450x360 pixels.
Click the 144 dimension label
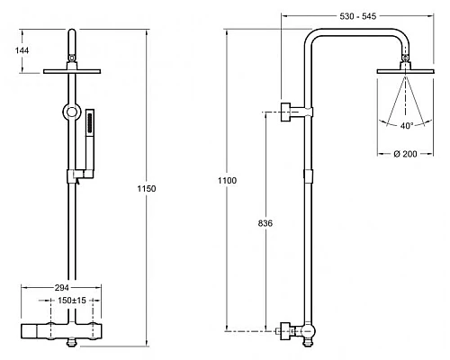(x=22, y=50)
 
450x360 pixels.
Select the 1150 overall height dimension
(x=147, y=189)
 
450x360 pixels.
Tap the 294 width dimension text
(x=61, y=288)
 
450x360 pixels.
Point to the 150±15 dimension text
(x=72, y=300)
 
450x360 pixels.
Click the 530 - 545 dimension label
(x=357, y=16)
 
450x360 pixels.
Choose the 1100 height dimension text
(x=227, y=181)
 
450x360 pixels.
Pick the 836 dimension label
(x=265, y=223)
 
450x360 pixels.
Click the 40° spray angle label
(x=407, y=126)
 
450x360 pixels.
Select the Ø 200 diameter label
(x=405, y=154)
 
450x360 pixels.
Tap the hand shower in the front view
(x=90, y=141)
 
